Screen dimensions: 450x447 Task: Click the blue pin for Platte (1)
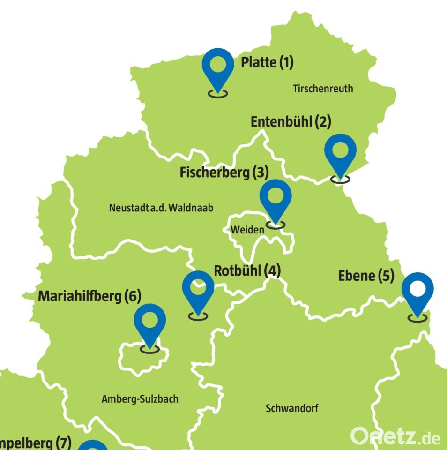218,68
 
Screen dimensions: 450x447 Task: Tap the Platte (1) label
267,62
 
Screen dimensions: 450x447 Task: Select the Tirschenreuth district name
323,88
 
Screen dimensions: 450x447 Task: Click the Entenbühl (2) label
291,121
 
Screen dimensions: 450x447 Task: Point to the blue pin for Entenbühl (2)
340,152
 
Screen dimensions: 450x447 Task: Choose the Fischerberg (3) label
224,172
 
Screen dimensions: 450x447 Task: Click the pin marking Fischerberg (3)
276,197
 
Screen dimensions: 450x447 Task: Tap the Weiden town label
247,230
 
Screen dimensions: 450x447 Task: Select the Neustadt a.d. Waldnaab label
161,207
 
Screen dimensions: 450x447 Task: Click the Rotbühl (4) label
247,270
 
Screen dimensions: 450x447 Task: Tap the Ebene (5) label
366,276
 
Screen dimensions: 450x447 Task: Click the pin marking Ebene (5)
417,291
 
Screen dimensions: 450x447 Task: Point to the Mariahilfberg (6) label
89,296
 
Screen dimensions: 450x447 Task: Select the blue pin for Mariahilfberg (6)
150,322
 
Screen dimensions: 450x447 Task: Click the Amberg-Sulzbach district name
140,399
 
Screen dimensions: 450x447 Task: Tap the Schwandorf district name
292,408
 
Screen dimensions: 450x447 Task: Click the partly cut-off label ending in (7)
35,442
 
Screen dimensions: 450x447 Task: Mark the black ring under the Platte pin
218,94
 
